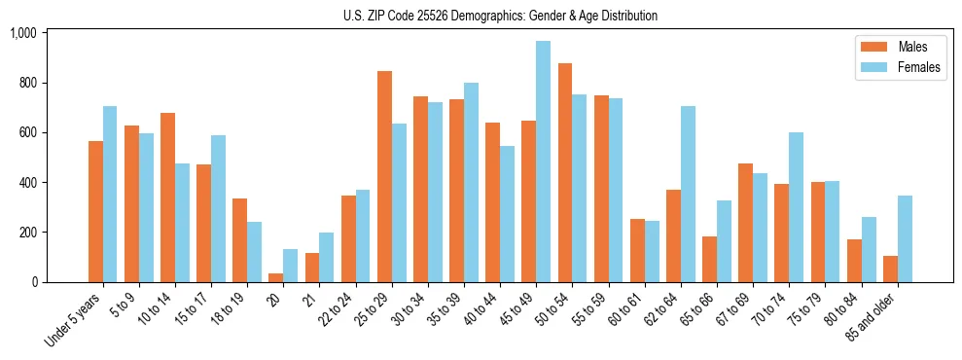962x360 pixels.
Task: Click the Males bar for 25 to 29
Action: [x=384, y=176]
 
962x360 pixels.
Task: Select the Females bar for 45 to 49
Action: [x=543, y=162]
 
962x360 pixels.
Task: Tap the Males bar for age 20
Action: [x=276, y=277]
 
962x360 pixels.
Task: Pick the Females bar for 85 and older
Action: [x=905, y=238]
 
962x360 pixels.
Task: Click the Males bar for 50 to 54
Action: [x=565, y=172]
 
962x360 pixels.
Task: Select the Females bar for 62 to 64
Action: [x=688, y=194]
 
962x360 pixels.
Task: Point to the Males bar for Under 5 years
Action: [x=95, y=211]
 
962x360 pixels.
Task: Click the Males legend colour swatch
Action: [x=869, y=47]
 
